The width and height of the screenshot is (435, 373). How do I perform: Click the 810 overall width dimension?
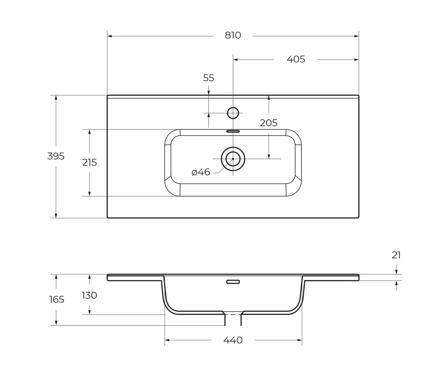point(233,35)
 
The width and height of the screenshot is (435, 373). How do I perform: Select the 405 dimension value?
point(296,59)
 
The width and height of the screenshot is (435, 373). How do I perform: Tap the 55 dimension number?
point(208,78)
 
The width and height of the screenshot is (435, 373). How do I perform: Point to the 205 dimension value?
point(268,123)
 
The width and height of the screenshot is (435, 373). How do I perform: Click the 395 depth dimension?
point(56,156)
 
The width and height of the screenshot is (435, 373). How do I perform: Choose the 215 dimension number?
point(89,163)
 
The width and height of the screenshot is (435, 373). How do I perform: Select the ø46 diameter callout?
point(201,172)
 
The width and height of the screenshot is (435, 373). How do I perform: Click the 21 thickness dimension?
point(396,255)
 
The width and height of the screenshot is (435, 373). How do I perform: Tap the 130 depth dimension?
point(89,295)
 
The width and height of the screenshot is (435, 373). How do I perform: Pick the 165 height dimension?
point(57,300)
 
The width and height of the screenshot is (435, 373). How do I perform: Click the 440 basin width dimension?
point(233,340)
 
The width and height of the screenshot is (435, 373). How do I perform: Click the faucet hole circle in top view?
point(233,113)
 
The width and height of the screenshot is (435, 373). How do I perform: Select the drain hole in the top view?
point(233,159)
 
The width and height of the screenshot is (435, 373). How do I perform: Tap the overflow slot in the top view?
point(233,131)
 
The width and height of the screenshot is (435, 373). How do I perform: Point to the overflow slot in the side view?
point(233,282)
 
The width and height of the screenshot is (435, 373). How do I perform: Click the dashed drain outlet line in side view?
point(233,315)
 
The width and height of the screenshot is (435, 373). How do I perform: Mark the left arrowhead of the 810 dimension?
point(109,36)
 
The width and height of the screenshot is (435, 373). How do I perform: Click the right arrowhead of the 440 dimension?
point(300,340)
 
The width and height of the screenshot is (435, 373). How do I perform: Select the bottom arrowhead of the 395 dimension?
point(56,216)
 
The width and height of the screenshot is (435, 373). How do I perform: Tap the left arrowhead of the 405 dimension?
point(235,60)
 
